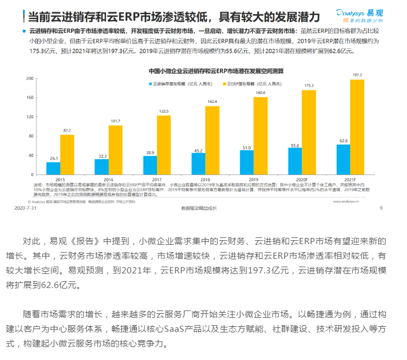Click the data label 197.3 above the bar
point(357,75)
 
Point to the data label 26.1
point(54,158)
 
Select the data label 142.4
point(212,102)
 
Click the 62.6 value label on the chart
point(343,141)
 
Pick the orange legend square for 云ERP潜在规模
point(224,83)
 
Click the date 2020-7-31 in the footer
point(25,208)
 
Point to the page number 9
point(381,208)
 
